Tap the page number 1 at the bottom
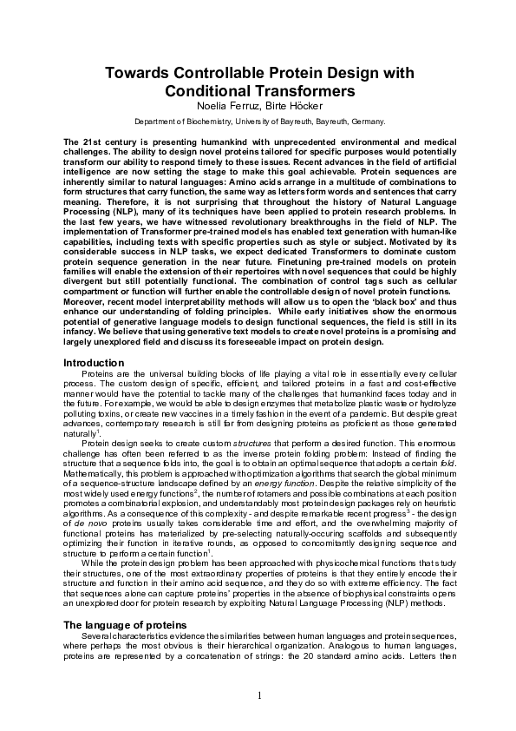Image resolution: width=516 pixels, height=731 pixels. click(258, 695)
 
